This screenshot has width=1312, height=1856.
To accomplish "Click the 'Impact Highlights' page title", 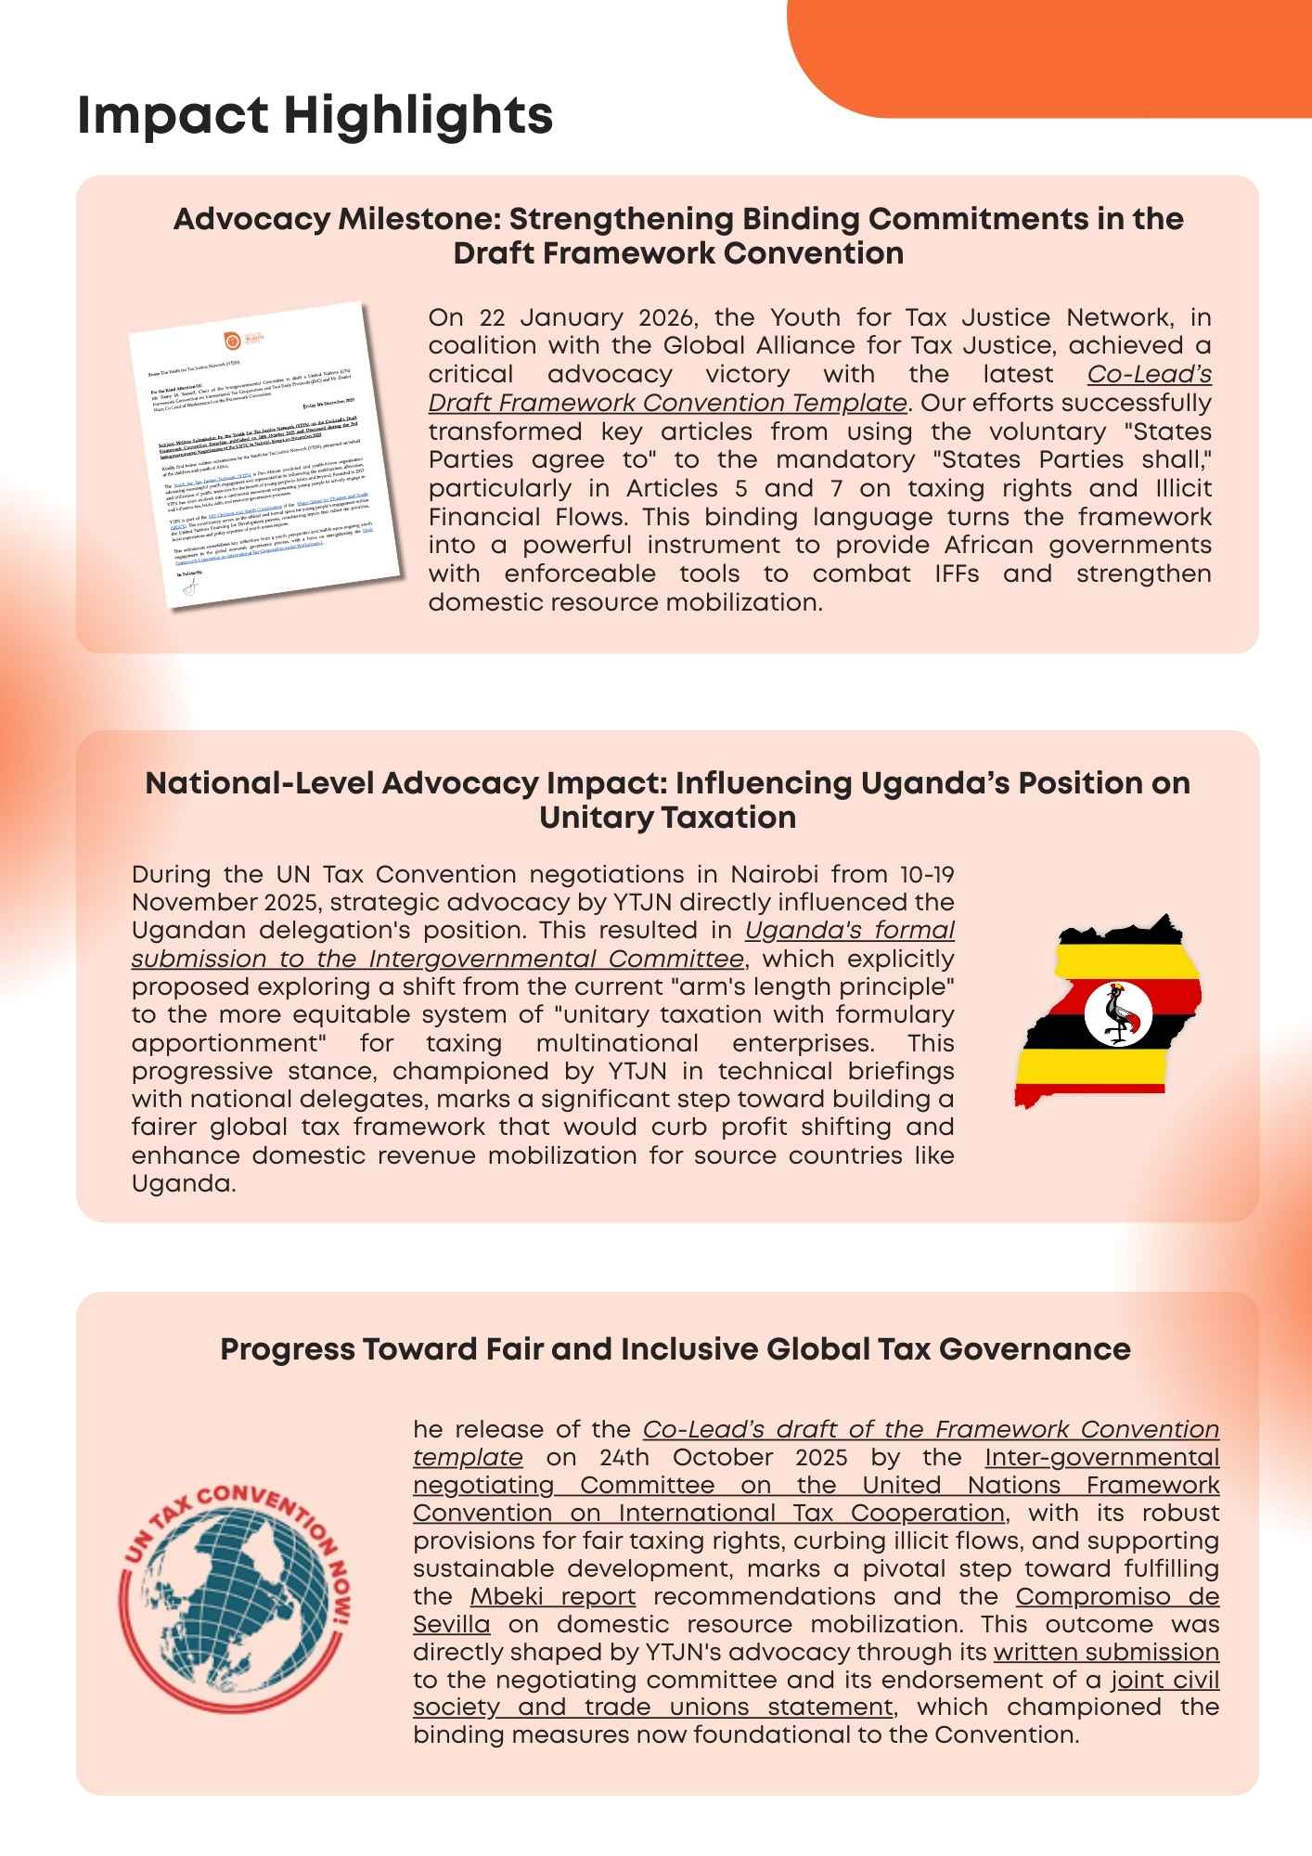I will pos(315,116).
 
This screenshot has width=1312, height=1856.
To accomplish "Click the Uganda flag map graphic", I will pos(1109,1012).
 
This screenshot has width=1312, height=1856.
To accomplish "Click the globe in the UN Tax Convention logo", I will pos(238,1597).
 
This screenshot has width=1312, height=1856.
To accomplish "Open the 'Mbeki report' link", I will pos(553,1597).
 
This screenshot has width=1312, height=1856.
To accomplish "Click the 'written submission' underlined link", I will pos(1106,1653).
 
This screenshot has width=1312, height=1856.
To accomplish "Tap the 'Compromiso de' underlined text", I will pos(1117,1597).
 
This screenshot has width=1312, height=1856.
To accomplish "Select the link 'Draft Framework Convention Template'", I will pos(668,403).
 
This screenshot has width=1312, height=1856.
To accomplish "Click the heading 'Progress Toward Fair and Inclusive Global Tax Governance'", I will pos(675,1349).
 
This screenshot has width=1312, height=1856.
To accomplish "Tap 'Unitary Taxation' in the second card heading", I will pos(667,818).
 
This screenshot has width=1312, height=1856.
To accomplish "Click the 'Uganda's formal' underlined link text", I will pos(850,931).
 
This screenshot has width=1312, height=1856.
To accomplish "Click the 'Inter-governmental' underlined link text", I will pos(1102,1458).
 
